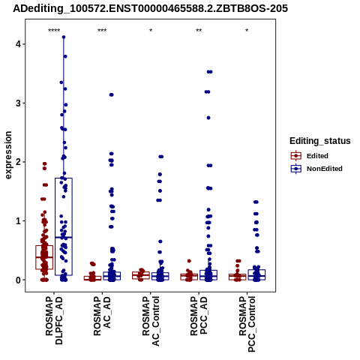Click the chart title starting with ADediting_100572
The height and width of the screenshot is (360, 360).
(x=151, y=8)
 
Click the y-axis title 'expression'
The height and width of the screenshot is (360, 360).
(x=8, y=155)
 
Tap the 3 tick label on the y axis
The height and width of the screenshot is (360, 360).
(x=18, y=103)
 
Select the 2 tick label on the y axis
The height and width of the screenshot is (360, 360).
(x=18, y=162)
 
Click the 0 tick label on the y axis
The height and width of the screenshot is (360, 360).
(x=18, y=280)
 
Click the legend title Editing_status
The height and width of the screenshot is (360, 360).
(x=320, y=141)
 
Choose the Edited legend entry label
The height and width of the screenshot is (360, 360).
(x=317, y=156)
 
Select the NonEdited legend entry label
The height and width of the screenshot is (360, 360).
(x=325, y=169)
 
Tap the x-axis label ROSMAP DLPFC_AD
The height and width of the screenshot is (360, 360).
(x=54, y=320)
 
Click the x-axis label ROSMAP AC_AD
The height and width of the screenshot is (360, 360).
(x=102, y=316)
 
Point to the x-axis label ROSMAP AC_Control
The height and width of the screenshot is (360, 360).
(x=151, y=321)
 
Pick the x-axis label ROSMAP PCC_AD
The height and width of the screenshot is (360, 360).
(x=199, y=316)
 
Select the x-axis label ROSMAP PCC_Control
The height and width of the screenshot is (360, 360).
(x=247, y=324)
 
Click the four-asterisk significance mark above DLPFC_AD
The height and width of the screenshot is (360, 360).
(x=54, y=31)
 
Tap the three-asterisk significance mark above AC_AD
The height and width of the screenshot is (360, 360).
(x=102, y=31)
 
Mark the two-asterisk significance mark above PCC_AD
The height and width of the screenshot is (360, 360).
(x=199, y=31)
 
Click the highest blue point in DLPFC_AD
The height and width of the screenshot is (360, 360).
(x=64, y=37)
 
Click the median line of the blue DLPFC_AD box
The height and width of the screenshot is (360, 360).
(x=64, y=237)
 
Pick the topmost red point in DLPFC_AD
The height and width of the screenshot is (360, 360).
(x=45, y=163)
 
